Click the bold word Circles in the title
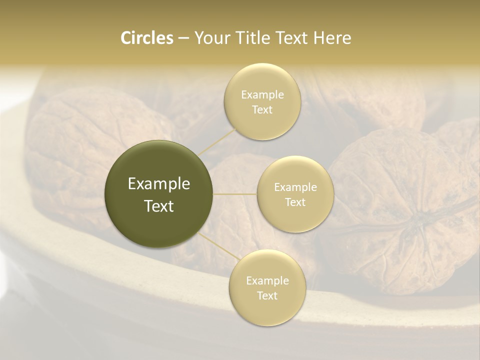tap(146, 38)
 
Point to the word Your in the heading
tap(210, 38)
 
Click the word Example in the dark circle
tap(159, 184)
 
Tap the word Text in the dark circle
tap(159, 206)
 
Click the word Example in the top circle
tap(262, 95)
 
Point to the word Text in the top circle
tap(262, 110)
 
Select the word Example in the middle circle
tap(295, 187)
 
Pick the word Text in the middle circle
tap(295, 202)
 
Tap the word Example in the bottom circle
tap(267, 281)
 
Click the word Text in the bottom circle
tap(267, 296)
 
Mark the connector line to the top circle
tap(217, 141)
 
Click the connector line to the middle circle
tap(235, 193)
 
